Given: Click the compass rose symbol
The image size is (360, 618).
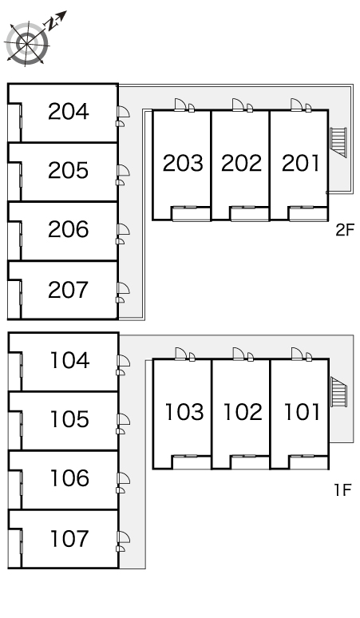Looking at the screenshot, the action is [x=28, y=42].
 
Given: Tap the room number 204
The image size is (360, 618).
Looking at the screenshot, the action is [x=69, y=112].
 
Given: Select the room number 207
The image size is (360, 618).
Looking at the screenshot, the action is [x=69, y=290].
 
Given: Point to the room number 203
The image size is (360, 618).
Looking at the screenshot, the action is [x=183, y=163].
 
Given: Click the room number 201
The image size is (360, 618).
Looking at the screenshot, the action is [x=300, y=163].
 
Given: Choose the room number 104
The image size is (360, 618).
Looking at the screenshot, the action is [x=69, y=360].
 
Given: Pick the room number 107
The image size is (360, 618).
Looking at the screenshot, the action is [x=69, y=538].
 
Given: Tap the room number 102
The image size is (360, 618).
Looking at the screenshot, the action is [x=243, y=412].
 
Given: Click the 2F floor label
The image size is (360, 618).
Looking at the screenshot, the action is [x=345, y=230].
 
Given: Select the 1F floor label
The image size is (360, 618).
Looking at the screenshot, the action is [x=342, y=490].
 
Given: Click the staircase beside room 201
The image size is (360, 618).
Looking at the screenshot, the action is [x=338, y=142].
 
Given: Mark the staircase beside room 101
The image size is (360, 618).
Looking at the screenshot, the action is [x=338, y=392].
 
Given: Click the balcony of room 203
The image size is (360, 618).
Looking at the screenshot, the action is [x=191, y=214].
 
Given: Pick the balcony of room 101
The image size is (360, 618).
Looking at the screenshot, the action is [x=308, y=462].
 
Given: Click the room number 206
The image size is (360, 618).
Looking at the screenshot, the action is [x=69, y=230].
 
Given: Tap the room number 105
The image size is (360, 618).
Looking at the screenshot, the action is [x=69, y=419].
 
